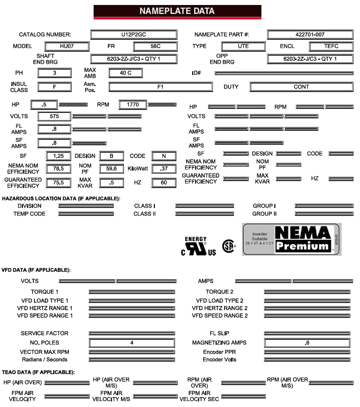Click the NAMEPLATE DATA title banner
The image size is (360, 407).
pos(177,11)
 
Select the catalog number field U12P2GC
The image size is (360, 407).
pos(133,35)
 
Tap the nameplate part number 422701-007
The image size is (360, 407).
pos(310,35)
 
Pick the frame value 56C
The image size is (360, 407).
pos(155,47)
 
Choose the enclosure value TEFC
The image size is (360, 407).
pos(331,47)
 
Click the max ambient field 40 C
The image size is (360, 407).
pos(125,73)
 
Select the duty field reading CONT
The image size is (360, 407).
pos(301,87)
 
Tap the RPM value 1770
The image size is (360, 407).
pos(132,105)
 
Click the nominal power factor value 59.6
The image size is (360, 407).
pos(111,169)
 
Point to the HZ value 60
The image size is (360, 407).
pos(164,183)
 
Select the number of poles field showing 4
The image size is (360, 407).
pos(132,343)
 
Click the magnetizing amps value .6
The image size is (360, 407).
pos(307,343)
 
